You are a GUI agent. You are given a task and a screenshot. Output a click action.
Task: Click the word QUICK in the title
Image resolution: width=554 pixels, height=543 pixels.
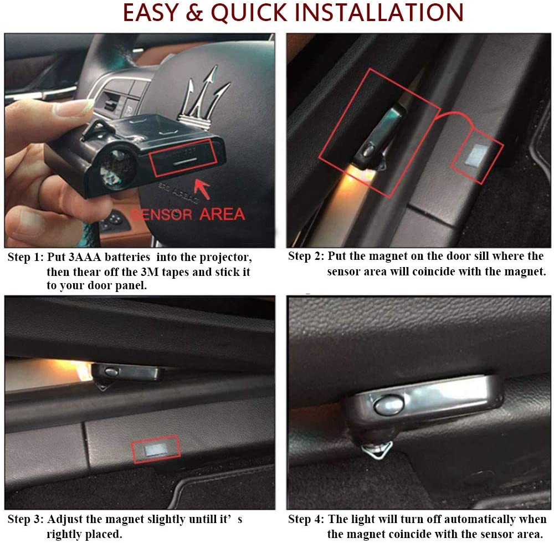(249, 13)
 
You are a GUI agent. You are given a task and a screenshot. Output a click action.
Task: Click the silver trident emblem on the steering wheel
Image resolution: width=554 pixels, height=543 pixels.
(204, 97)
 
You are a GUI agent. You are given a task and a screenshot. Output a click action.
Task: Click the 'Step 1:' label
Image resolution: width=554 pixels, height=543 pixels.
(25, 257)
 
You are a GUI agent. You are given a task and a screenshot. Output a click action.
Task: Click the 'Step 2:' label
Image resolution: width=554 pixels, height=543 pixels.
(306, 256)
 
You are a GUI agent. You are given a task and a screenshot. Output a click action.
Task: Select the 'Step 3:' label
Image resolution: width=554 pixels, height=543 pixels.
(25, 519)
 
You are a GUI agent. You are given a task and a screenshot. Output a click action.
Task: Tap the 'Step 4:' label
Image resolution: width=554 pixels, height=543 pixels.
(306, 519)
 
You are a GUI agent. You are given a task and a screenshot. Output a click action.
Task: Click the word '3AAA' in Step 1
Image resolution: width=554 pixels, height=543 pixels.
(84, 257)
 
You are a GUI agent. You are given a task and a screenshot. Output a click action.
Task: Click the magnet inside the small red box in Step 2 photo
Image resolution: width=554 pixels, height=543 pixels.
(476, 155)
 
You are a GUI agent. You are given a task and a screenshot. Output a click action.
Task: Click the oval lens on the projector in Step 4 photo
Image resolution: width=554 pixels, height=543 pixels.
(388, 405)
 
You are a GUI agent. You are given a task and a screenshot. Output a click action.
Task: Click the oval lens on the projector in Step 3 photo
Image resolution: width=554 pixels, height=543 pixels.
(111, 372)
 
